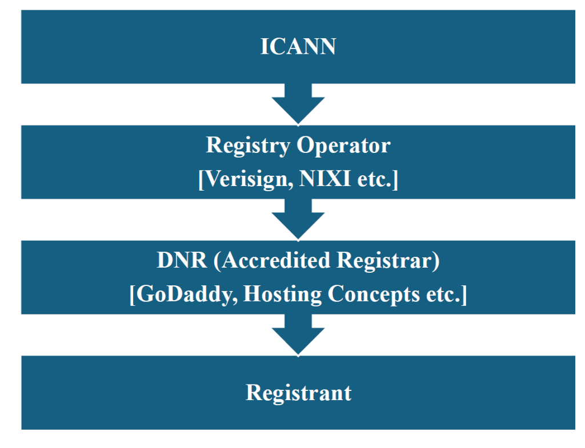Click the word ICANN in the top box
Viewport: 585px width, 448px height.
point(298,47)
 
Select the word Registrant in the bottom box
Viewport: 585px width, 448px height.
point(298,393)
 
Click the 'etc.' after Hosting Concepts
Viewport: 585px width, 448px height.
point(446,295)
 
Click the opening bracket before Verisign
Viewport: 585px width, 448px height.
point(201,180)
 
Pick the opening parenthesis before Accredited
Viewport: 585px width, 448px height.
point(217,261)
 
